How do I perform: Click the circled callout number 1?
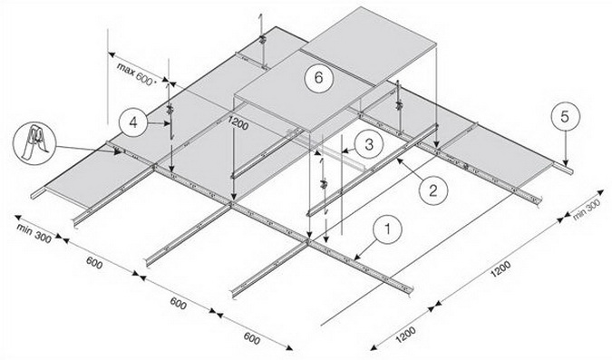pyautogui.click(x=387, y=230)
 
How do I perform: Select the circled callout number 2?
pyautogui.click(x=433, y=191)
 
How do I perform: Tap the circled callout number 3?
pyautogui.click(x=369, y=145)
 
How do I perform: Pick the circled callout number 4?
pyautogui.click(x=133, y=123)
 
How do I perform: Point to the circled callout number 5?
pyautogui.click(x=565, y=117)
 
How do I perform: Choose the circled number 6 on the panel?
pyautogui.click(x=319, y=78)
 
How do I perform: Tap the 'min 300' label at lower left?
pyautogui.click(x=34, y=233)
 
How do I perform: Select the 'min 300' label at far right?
pyautogui.click(x=587, y=211)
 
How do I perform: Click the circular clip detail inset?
pyautogui.click(x=34, y=143)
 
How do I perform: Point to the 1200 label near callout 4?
pyautogui.click(x=238, y=124)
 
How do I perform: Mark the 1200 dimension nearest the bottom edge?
pyautogui.click(x=406, y=335)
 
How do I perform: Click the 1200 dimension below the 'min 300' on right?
pyautogui.click(x=500, y=269)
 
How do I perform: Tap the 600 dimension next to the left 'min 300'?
pyautogui.click(x=94, y=262)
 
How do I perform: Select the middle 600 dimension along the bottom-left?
pyautogui.click(x=178, y=303)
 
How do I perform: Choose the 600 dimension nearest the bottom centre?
pyautogui.click(x=252, y=338)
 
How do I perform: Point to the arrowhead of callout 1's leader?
pyautogui.click(x=356, y=258)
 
